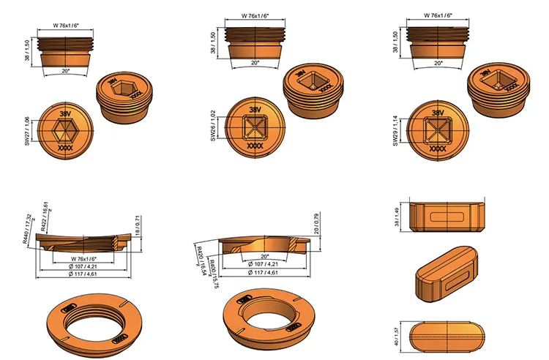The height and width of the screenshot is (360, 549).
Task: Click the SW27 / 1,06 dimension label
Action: pyautogui.click(x=27, y=131)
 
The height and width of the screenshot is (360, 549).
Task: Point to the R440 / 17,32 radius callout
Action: pyautogui.click(x=28, y=228)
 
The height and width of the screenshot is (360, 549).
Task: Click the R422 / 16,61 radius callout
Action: pyautogui.click(x=46, y=217)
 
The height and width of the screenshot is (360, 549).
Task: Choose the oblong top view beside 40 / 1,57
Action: pyautogui.click(x=447, y=336)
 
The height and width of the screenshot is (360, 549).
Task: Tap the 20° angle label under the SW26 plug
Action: pyautogui.click(x=255, y=64)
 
